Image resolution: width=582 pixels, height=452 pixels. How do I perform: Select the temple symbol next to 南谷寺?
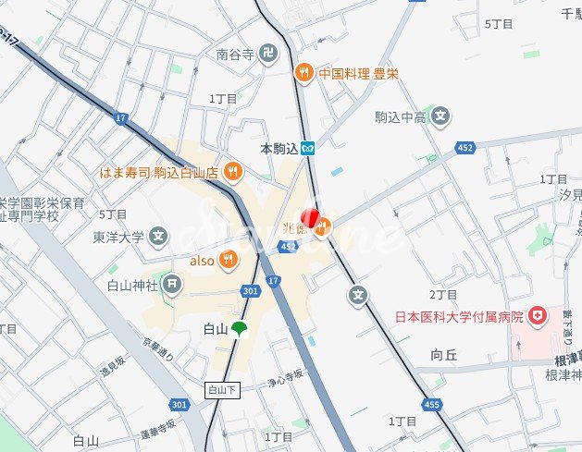[267, 55]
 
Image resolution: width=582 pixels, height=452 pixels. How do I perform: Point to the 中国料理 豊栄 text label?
[358, 73]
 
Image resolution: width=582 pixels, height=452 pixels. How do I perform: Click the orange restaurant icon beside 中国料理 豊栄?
[303, 73]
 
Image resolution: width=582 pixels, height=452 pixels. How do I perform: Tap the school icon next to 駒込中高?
[442, 116]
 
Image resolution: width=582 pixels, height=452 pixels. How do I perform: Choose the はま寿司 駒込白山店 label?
[159, 171]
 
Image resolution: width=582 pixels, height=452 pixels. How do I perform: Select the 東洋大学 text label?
[118, 237]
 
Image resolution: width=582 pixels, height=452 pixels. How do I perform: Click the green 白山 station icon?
[240, 329]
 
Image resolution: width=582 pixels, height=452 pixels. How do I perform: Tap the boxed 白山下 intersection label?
[222, 390]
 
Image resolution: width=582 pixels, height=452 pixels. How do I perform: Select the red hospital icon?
[538, 318]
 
